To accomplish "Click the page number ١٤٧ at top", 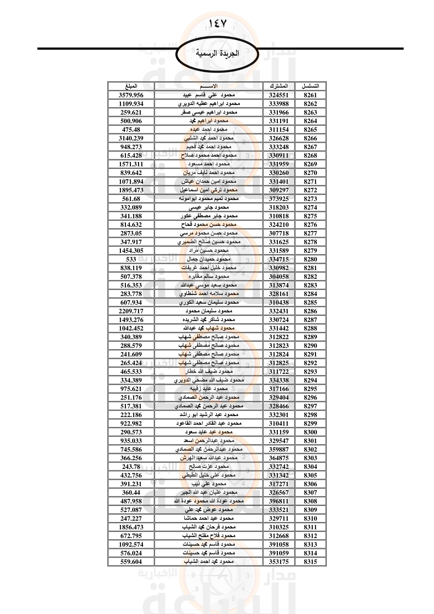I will click(217, 24).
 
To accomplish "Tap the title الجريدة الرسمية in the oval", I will click(217, 53).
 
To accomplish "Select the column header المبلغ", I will click(131, 86).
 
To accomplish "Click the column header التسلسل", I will click(310, 86).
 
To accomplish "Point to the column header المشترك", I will click(279, 86).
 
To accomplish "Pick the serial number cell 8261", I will click(310, 95).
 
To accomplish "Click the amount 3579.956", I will click(131, 95).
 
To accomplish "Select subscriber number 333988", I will click(279, 104).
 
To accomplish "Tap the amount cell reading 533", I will click(131, 259).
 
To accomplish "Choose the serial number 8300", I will click(310, 432).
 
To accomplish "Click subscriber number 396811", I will click(279, 501).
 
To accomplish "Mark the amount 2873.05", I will click(131, 233).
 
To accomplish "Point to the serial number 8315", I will click(310, 561).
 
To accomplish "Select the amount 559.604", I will click(131, 561).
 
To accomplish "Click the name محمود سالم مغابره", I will click(209, 276).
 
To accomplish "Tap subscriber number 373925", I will click(279, 199).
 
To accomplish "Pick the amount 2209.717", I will click(131, 311).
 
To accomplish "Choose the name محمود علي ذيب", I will click(209, 484).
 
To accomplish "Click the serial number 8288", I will click(310, 328).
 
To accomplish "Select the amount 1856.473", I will click(131, 527).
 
